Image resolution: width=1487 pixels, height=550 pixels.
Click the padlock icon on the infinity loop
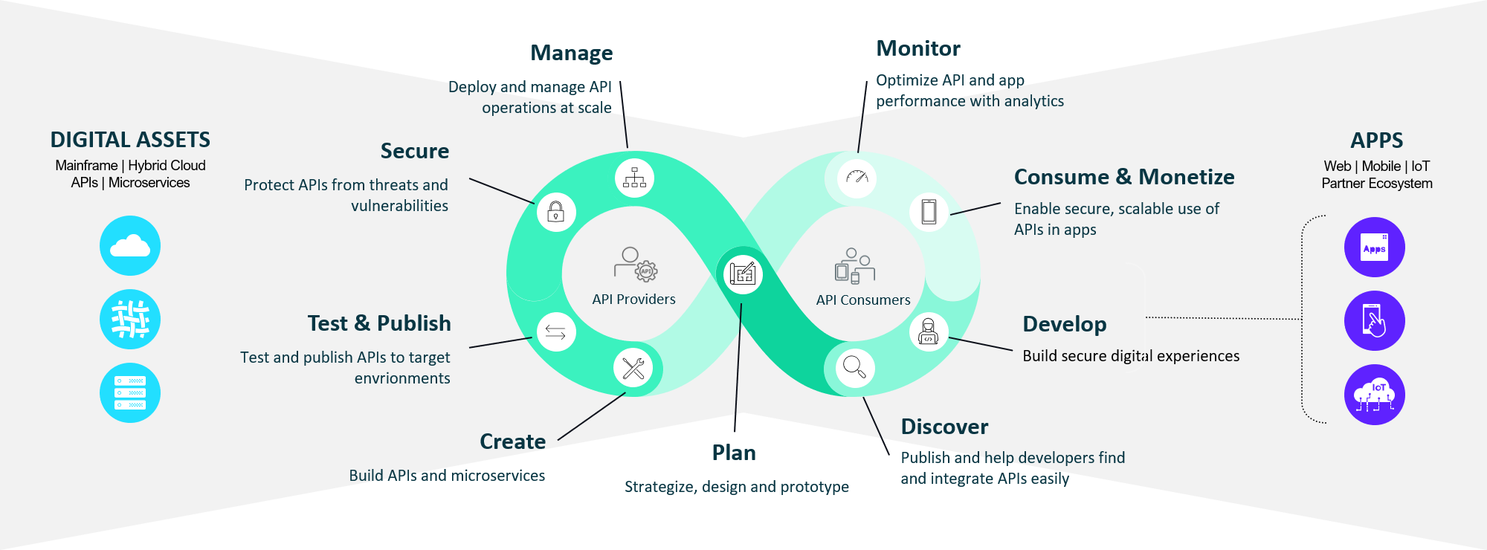tap(556, 213)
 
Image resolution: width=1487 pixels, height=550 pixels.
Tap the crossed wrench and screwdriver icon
tap(633, 368)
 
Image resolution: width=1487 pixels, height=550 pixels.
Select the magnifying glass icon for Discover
tap(854, 367)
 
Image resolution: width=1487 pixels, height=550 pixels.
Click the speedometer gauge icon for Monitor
tap(857, 178)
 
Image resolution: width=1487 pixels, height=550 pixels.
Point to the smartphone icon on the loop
tap(929, 212)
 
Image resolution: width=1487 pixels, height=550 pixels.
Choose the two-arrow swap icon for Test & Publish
tap(555, 331)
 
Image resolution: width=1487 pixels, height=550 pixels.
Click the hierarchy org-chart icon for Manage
tap(634, 178)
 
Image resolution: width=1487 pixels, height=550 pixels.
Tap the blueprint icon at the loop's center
tap(743, 274)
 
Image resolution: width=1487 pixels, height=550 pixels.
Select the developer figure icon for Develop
tap(929, 331)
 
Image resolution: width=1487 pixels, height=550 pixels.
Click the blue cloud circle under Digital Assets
tap(130, 246)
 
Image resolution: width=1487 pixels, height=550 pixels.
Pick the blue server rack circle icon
tap(130, 392)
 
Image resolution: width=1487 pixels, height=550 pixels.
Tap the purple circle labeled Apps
tap(1374, 247)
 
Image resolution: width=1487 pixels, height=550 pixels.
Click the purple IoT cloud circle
tap(1374, 395)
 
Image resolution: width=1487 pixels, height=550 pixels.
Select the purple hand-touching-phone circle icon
tap(1374, 321)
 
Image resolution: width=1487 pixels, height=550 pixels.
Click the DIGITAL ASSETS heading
tap(130, 140)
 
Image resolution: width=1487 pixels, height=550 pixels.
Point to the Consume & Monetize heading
tap(1124, 177)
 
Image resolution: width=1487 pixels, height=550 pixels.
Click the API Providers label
tap(633, 300)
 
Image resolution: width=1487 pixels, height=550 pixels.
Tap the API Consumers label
tap(862, 300)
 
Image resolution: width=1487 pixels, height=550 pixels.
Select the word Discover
tap(944, 427)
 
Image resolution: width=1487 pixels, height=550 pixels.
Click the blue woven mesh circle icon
tap(130, 320)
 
